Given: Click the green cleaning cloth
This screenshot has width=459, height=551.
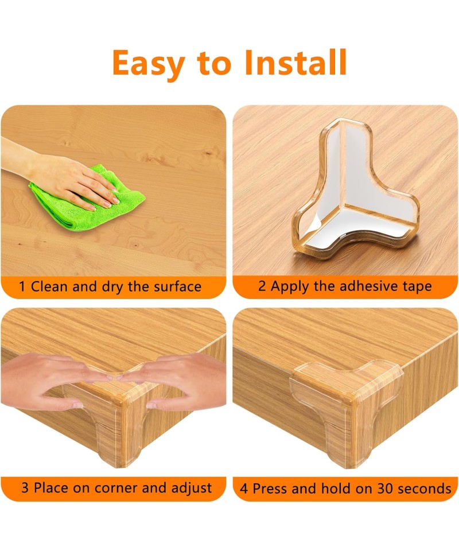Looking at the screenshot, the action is tap(87, 198).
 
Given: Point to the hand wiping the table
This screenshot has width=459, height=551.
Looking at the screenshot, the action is tap(60, 176).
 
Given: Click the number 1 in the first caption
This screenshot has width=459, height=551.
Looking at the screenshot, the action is tap(22, 287).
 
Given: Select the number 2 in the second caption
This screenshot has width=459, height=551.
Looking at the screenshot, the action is tap(262, 286).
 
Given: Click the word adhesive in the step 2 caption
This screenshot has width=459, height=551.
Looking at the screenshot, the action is tap(364, 286).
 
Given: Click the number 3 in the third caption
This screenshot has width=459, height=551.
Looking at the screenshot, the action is tap(25, 488).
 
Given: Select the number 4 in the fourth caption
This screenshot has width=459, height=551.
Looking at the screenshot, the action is tap(244, 489).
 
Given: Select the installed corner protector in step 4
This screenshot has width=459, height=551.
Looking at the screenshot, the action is tap(346, 404).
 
